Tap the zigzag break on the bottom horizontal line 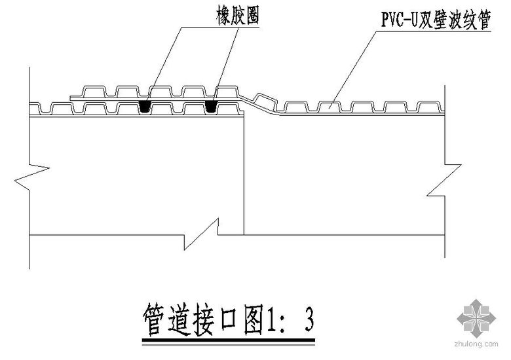[202, 234]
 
